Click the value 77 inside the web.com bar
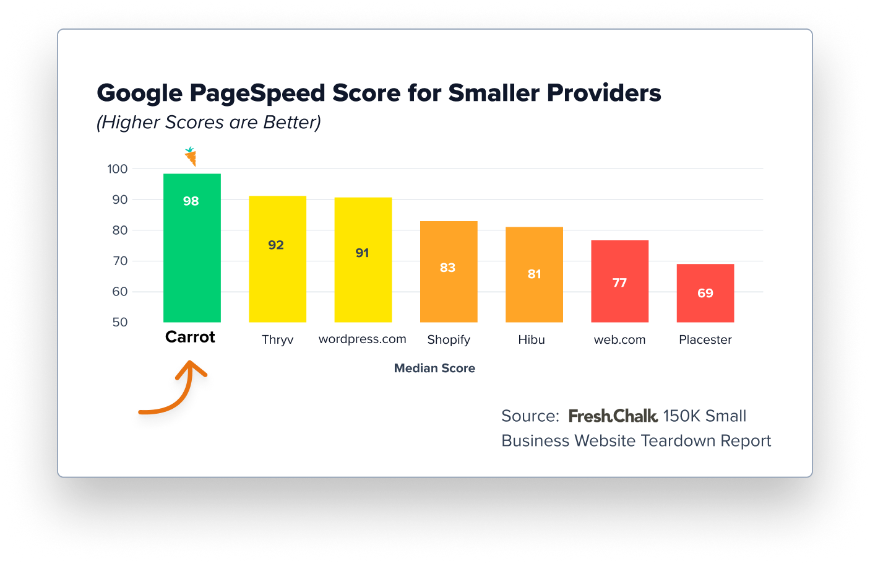tap(619, 283)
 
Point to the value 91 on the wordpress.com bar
tap(362, 253)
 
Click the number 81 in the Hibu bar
tap(534, 274)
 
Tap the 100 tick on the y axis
tap(118, 169)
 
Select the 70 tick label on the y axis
tap(120, 261)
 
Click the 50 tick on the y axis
tap(120, 323)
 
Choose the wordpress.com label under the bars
tap(362, 339)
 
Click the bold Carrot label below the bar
tap(190, 338)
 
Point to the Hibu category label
tap(532, 340)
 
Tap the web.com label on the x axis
tap(619, 340)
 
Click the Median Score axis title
tap(434, 369)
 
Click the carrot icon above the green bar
tap(191, 157)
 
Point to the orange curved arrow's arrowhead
tap(191, 368)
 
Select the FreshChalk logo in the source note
tap(613, 416)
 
